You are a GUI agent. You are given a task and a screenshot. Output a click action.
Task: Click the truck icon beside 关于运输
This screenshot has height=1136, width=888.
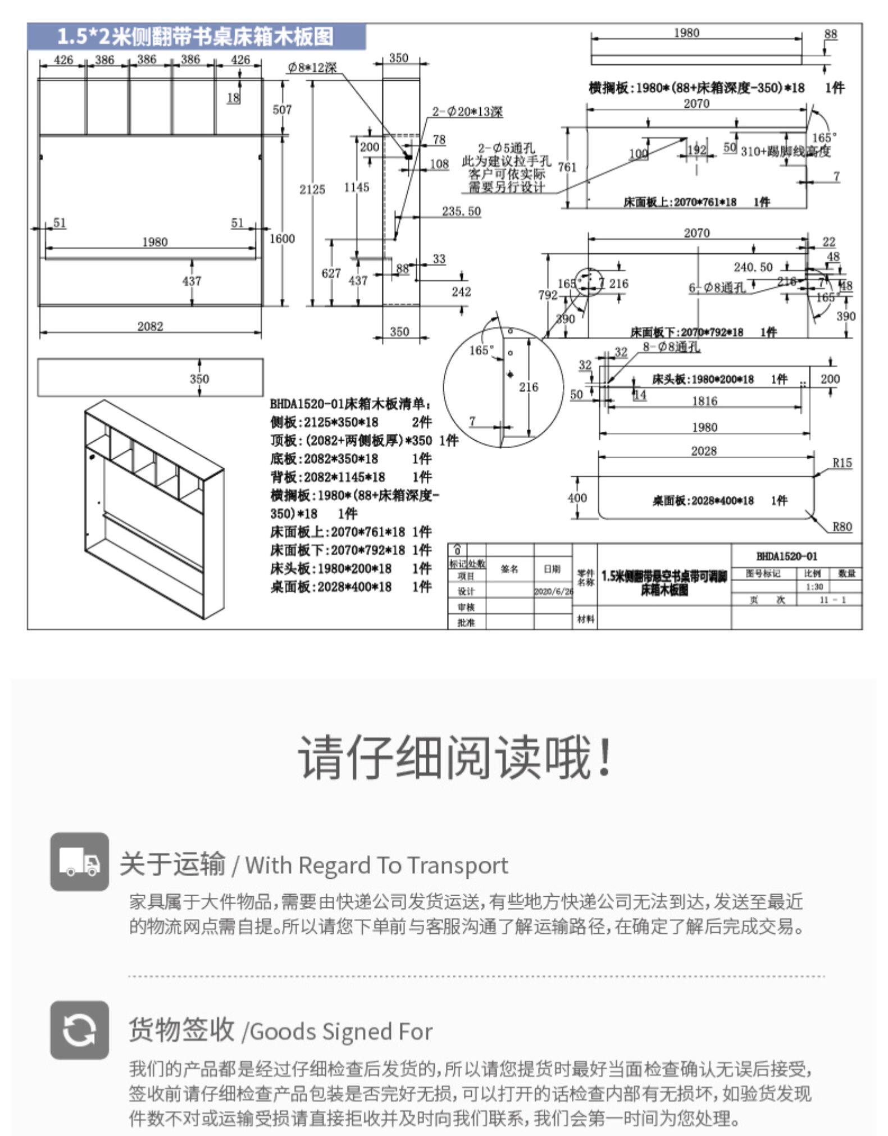pos(79,861)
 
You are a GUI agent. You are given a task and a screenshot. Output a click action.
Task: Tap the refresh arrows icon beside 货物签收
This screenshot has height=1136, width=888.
pos(79,1030)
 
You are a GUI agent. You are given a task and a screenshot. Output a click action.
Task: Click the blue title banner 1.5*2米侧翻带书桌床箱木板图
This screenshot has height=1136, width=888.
pos(196,37)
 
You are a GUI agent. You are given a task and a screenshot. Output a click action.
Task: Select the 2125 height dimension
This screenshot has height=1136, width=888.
pos(312,189)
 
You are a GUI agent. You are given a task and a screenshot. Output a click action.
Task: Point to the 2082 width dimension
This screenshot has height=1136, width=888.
pos(150,326)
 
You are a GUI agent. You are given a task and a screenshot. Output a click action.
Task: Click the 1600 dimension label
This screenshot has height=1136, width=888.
pos(282,239)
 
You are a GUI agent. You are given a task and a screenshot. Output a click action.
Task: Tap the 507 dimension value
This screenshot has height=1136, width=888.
pos(282,110)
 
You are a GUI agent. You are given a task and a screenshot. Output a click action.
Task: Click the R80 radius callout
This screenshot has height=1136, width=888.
pos(841,527)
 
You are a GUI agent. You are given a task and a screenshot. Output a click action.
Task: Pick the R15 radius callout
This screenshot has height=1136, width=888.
pos(841,463)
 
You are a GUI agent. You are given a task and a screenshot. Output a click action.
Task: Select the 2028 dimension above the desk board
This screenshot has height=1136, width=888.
pos(703,451)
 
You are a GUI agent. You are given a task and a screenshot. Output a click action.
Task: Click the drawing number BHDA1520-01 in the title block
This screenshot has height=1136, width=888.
pos(786,556)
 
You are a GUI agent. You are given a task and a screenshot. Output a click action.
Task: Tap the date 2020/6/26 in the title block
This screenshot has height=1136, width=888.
pos(553,591)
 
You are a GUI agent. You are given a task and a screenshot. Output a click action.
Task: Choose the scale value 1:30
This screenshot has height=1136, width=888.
pos(813,587)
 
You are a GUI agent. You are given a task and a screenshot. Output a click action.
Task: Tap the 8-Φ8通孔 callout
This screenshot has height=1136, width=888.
pos(671,347)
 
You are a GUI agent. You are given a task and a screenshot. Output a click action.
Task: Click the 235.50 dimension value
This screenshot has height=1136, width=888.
pos(461,211)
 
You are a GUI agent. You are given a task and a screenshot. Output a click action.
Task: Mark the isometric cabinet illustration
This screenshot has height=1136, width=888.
pos(153,508)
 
